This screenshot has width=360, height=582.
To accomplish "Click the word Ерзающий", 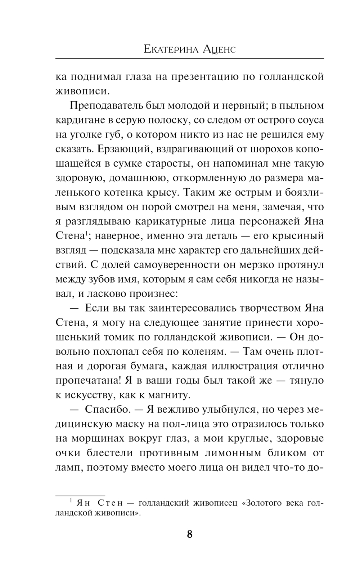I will (133, 149).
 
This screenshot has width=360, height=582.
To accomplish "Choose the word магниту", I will (170, 395).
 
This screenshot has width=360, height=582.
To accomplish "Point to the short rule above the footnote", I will (80, 496).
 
